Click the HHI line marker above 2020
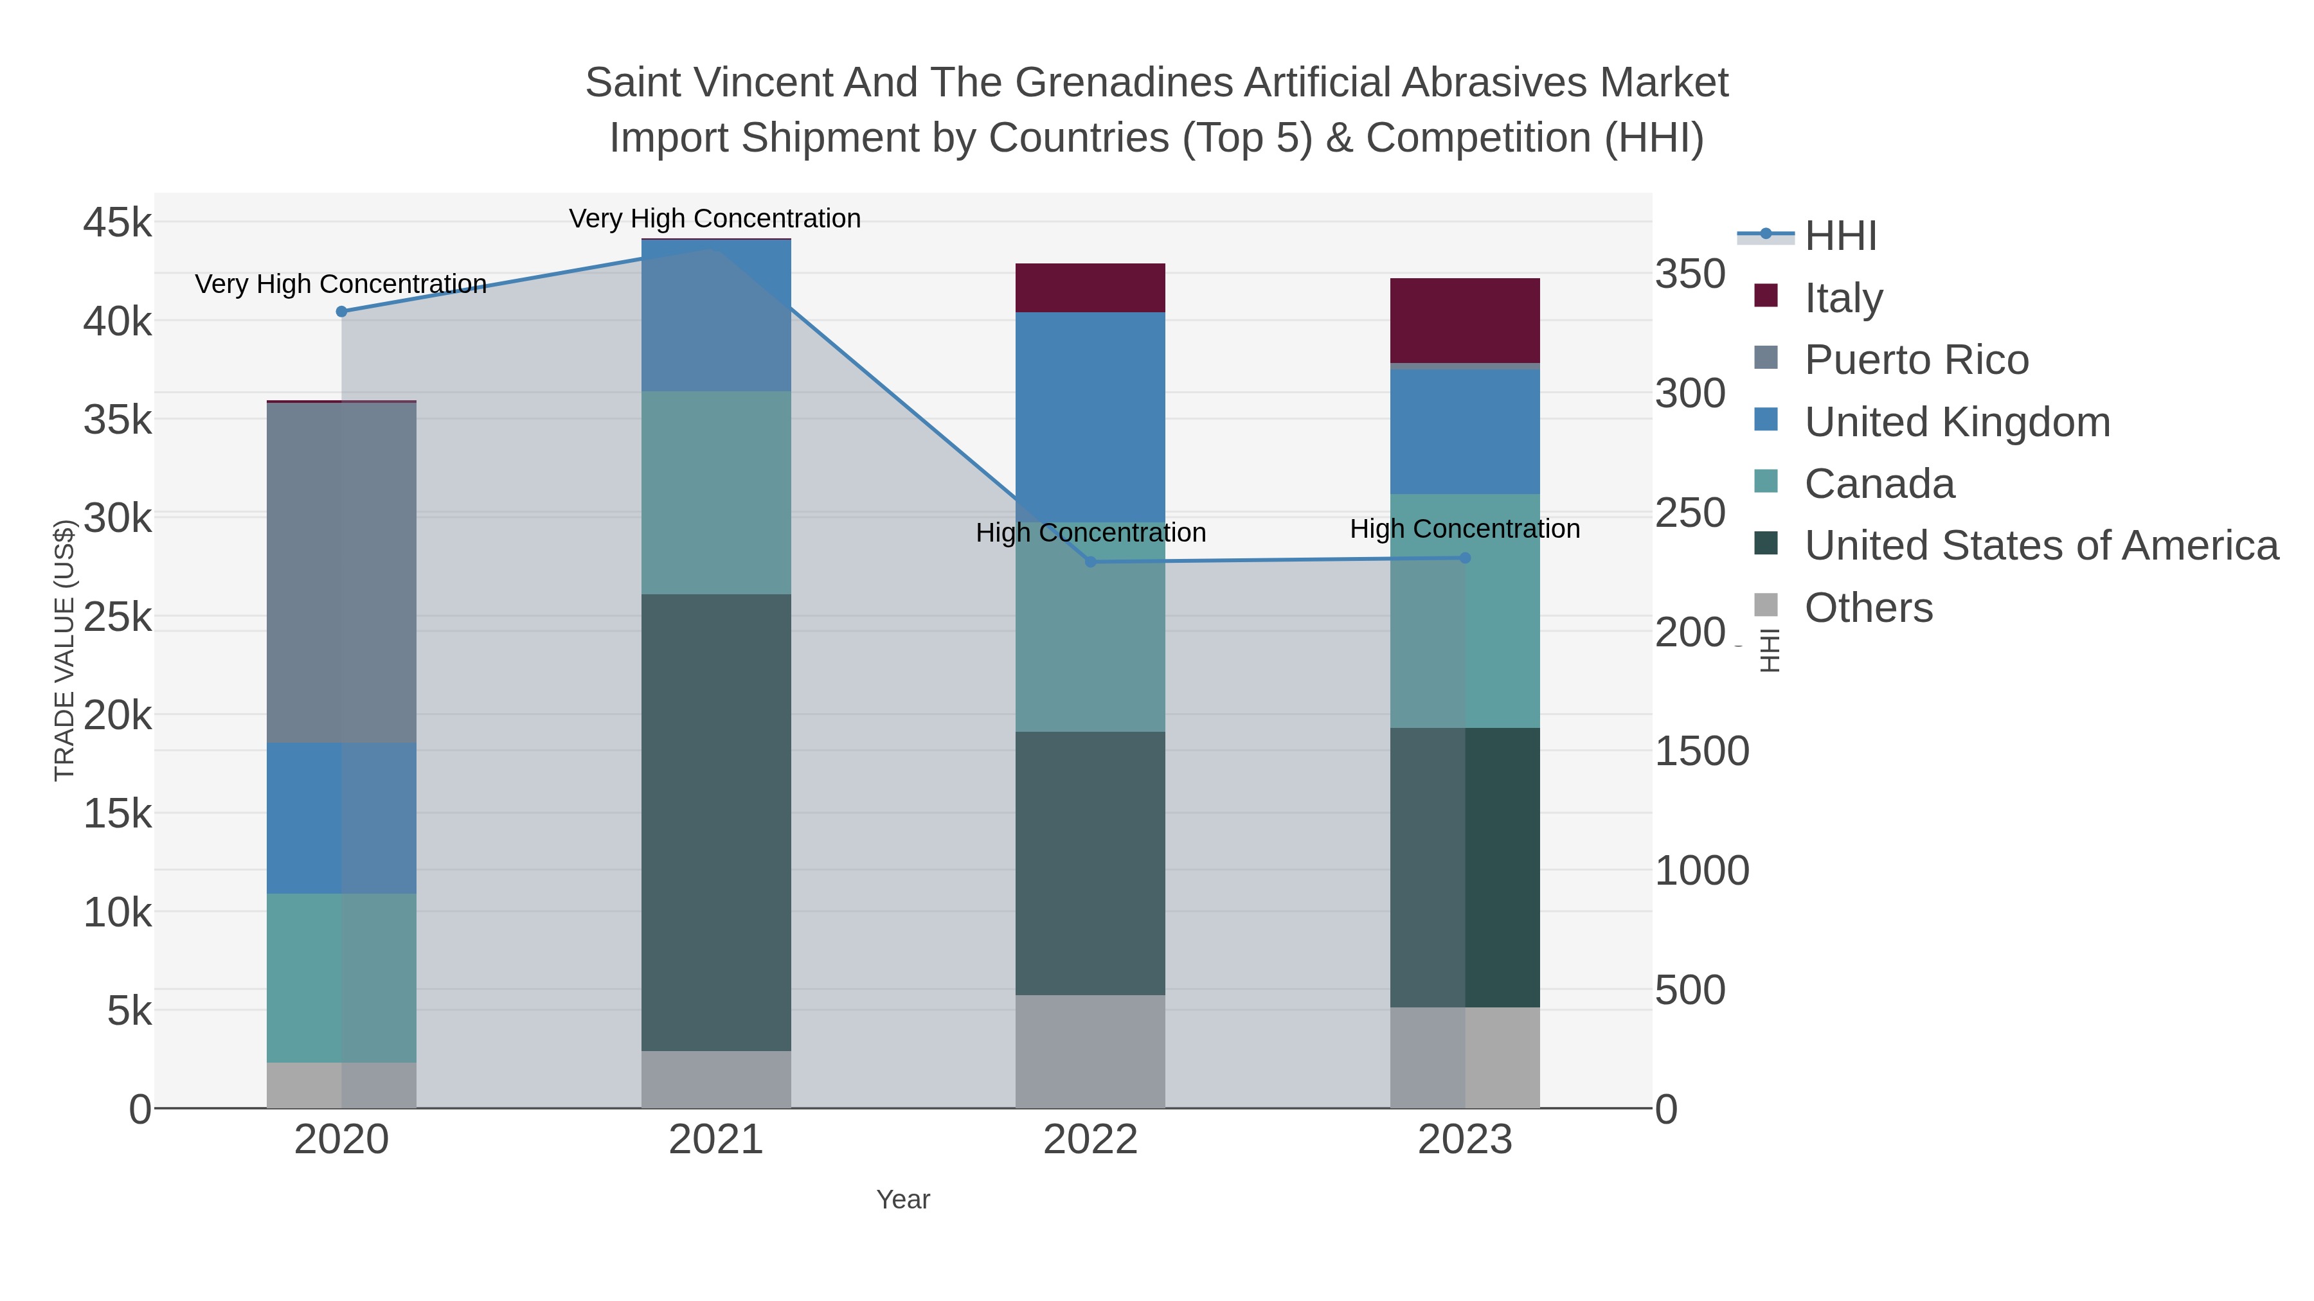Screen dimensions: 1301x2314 pos(341,312)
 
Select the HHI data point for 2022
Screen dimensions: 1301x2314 pos(1091,562)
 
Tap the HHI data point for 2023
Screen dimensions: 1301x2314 pos(1465,558)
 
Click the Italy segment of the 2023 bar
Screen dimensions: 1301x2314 pos(1465,321)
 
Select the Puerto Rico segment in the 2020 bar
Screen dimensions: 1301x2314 pos(341,573)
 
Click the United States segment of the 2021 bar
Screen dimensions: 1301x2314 pos(716,822)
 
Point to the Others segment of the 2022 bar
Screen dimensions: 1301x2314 pos(1091,1051)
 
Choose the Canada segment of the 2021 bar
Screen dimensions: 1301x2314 pos(716,493)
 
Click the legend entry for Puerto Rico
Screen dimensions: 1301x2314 pos(1916,360)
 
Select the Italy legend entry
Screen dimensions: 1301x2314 pos(1843,298)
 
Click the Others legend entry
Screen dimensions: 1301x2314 pos(1869,608)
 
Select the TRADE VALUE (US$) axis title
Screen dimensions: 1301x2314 pos(65,650)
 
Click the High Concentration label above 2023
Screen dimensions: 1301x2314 pos(1465,529)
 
